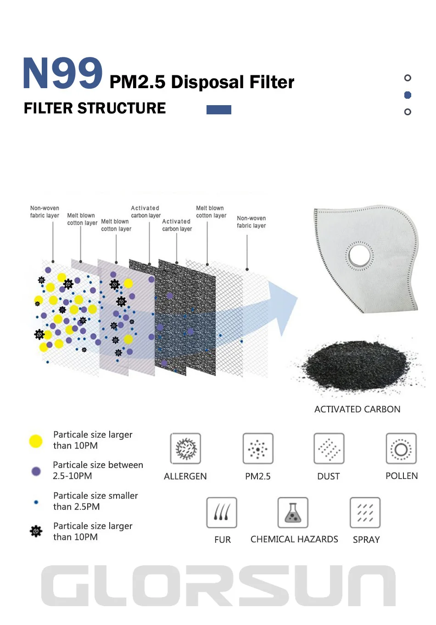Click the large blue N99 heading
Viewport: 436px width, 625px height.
click(63, 73)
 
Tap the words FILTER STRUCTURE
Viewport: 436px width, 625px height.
click(95, 108)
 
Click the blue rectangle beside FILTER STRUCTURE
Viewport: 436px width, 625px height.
click(219, 110)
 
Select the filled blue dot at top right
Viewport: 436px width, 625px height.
click(408, 95)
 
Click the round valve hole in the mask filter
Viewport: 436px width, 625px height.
click(359, 255)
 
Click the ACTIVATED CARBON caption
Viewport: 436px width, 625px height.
click(357, 409)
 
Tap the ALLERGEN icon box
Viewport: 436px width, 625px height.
click(186, 449)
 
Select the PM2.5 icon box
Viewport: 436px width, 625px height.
click(258, 449)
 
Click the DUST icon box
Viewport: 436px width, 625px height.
click(329, 449)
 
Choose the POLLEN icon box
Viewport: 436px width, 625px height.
click(401, 449)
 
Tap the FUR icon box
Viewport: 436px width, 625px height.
click(222, 512)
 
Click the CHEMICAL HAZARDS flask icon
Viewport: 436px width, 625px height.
click(293, 512)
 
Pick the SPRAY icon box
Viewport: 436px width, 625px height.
click(365, 512)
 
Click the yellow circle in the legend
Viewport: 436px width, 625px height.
click(36, 441)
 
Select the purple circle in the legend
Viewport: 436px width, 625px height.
click(36, 471)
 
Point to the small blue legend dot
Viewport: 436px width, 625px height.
click(36, 502)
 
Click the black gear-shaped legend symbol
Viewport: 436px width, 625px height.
click(36, 531)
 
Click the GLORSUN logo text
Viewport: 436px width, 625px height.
click(218, 586)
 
